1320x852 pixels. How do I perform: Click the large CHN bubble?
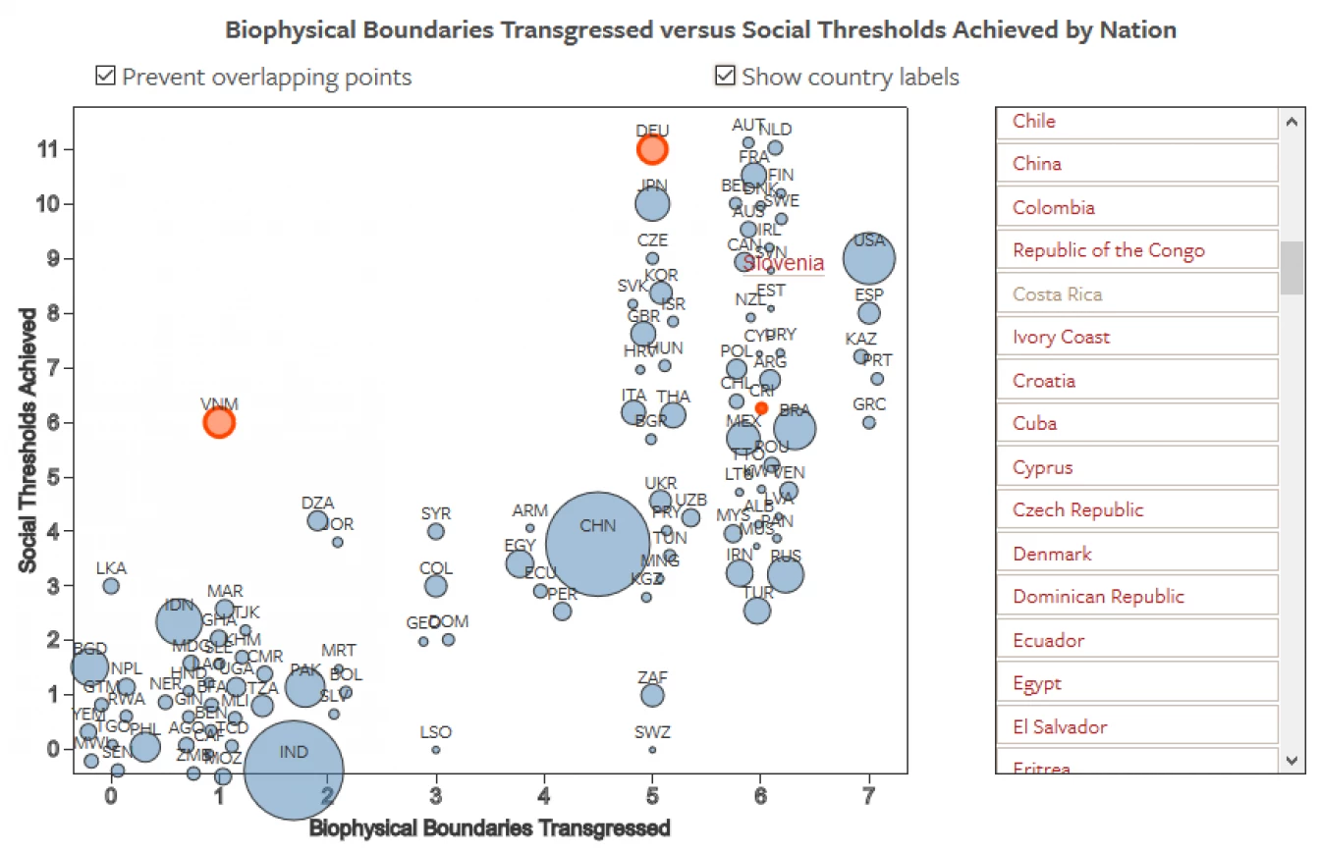pos(597,544)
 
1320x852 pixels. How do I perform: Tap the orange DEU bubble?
pos(652,149)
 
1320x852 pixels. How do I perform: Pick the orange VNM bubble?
pos(219,422)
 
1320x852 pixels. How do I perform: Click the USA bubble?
pos(869,259)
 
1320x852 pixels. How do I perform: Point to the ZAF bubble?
pos(652,695)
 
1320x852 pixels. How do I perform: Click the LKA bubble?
pos(111,586)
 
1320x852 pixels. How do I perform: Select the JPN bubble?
pos(652,204)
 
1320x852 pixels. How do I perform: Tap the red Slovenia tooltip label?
pos(783,263)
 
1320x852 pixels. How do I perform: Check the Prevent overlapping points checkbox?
pos(105,76)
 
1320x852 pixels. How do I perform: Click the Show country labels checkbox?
pos(725,76)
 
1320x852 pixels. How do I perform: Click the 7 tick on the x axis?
pos(869,795)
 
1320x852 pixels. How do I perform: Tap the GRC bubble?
pos(869,422)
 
